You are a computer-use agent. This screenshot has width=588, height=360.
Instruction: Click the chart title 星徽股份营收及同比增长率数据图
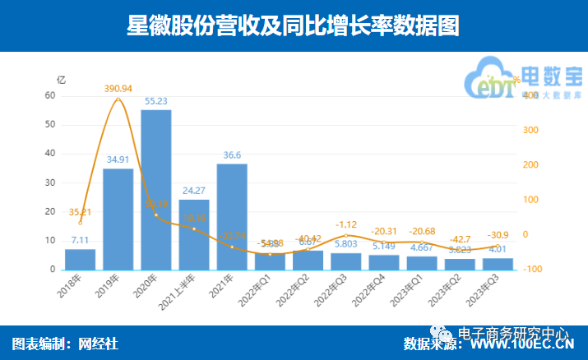293,26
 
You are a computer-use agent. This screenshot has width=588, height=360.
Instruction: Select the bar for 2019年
118,219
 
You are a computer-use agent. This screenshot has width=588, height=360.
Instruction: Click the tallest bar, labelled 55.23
156,189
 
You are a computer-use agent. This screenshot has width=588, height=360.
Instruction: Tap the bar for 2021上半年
194,234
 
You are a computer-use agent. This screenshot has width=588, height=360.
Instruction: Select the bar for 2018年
80,259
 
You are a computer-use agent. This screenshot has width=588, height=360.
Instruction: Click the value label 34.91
118,159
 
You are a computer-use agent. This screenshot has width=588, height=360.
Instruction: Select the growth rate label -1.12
345,224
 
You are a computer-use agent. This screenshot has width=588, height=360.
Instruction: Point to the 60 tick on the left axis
50,96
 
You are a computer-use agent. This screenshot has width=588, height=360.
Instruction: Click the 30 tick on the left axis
50,182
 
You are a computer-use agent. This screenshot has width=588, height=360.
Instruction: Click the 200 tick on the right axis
529,165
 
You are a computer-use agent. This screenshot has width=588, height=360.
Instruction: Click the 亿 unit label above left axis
60,80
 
